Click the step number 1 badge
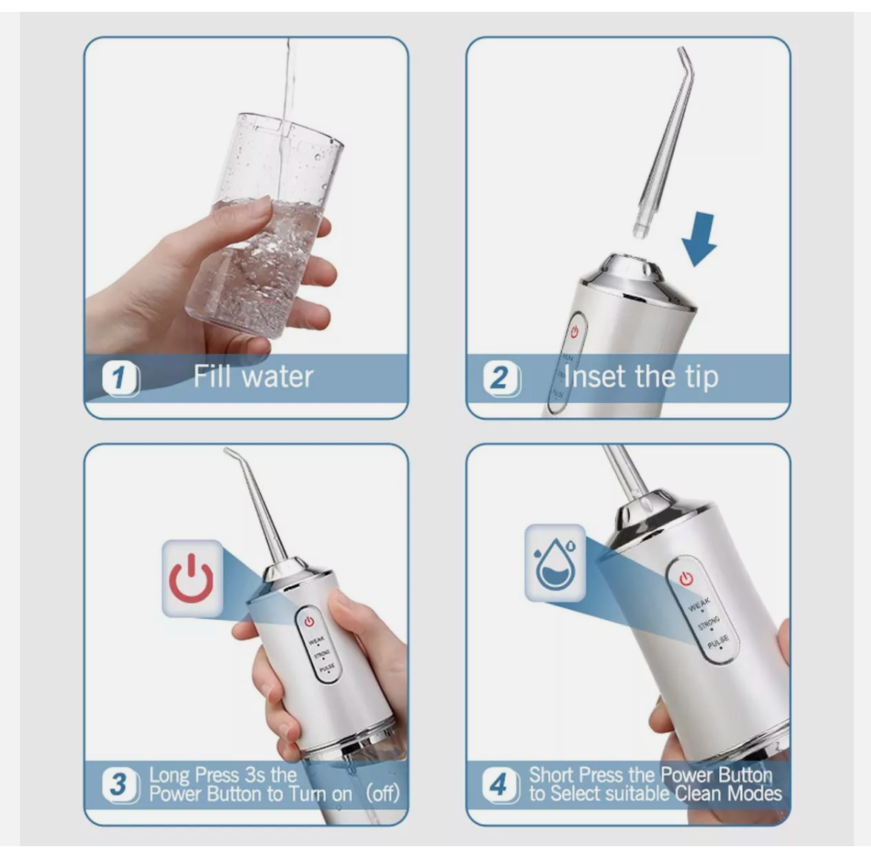119,379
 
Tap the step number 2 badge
501,379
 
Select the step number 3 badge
119,785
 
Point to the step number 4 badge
499,785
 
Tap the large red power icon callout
191,579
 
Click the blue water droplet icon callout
555,563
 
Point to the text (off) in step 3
383,794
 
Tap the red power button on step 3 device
309,621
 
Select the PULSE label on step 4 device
718,642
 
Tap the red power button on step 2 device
574,333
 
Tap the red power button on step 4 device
687,578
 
